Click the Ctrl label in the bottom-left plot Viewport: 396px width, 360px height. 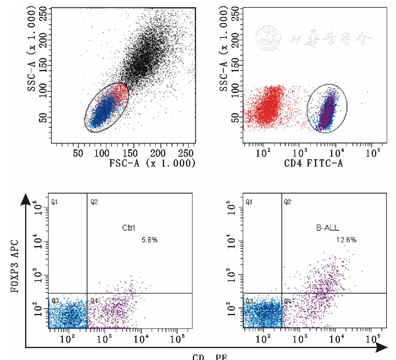[128, 228]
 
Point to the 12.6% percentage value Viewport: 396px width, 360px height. [346, 240]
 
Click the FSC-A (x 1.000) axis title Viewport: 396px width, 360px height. [152, 163]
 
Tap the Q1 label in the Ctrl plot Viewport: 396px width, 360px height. [54, 202]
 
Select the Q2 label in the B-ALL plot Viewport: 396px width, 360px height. [287, 202]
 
